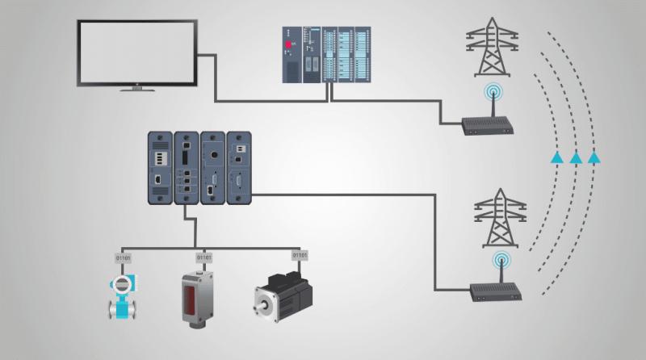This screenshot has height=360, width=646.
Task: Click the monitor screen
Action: click(x=136, y=52)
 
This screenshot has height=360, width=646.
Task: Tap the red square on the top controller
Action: click(x=288, y=44)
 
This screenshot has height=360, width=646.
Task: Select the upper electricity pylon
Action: click(x=492, y=47)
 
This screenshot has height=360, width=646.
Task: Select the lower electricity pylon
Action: click(x=500, y=218)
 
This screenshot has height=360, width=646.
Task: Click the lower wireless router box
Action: click(x=496, y=292)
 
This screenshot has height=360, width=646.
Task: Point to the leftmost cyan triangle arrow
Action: click(x=557, y=157)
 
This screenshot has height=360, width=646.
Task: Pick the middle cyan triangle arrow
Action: click(x=576, y=157)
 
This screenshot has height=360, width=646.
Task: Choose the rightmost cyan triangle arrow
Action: click(x=594, y=157)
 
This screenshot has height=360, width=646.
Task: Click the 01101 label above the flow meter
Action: click(x=124, y=258)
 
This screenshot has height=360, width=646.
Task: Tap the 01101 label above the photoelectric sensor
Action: click(x=204, y=257)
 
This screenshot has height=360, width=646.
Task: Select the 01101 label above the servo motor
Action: click(x=300, y=255)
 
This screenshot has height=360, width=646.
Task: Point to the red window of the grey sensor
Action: click(x=190, y=298)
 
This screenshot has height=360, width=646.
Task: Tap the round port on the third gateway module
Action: click(x=213, y=155)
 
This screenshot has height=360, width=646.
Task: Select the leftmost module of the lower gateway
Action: click(x=160, y=168)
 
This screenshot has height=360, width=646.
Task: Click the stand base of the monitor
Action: click(x=137, y=89)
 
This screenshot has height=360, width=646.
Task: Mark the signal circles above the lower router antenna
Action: click(x=501, y=261)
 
